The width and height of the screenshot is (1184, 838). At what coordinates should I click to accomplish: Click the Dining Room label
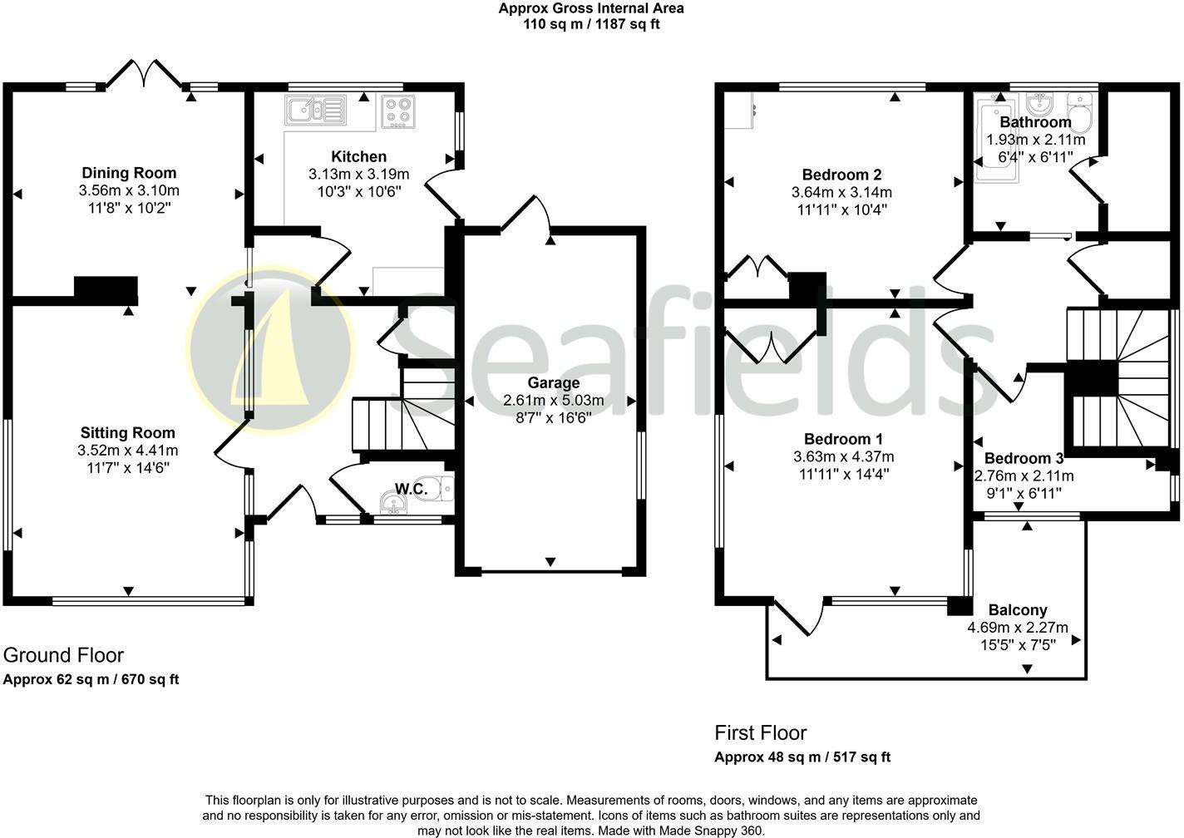(129, 173)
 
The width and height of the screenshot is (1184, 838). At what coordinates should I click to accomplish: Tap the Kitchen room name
(358, 156)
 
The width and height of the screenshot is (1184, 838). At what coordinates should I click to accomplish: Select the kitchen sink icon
(315, 111)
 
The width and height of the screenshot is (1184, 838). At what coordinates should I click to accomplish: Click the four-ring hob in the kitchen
(398, 112)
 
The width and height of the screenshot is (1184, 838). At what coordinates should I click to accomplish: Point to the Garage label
(554, 382)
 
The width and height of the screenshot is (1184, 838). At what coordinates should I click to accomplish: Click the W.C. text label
(412, 489)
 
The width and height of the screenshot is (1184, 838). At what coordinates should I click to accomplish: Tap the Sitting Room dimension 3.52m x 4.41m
(129, 451)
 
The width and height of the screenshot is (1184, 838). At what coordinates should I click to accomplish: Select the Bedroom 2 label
(841, 175)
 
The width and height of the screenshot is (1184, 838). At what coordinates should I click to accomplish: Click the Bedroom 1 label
(843, 439)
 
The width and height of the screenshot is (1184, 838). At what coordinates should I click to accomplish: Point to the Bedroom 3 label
(1024, 458)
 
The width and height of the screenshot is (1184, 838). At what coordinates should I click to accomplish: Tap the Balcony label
(1018, 610)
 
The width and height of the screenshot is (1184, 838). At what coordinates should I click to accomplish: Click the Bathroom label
(1035, 122)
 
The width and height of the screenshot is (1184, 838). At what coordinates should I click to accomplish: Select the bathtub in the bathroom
(994, 141)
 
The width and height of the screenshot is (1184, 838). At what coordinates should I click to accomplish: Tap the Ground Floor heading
(63, 655)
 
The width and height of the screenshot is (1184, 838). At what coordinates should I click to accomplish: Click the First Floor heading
(761, 732)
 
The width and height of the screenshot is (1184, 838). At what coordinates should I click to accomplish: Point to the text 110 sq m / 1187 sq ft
(591, 24)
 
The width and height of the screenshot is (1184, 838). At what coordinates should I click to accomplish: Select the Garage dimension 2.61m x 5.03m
(554, 401)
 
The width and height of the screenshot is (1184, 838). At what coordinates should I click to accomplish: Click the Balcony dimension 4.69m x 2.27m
(1018, 628)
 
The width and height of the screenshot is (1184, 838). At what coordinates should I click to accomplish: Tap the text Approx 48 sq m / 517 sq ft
(802, 757)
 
